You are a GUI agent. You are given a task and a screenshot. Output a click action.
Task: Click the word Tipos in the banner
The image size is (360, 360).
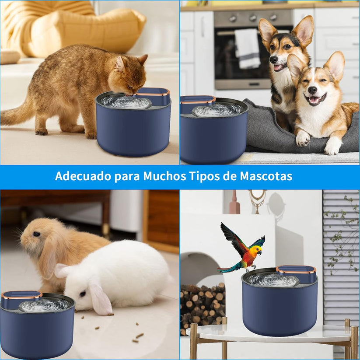tap(206, 176)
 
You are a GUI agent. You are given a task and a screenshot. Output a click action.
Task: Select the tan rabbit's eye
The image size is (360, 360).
tap(36, 234)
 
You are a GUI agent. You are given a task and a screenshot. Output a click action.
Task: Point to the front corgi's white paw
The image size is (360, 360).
tap(303, 139)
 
